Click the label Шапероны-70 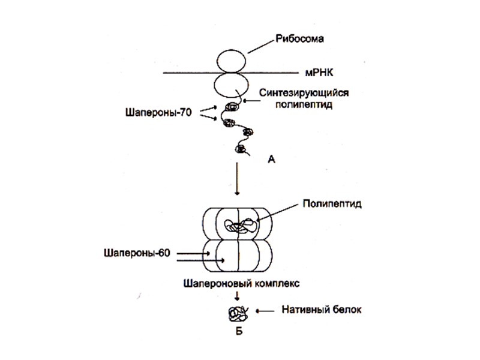pos(158,111)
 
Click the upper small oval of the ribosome pos(232,61)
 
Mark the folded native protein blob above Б pos(237,313)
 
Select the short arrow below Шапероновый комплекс pos(238,295)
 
